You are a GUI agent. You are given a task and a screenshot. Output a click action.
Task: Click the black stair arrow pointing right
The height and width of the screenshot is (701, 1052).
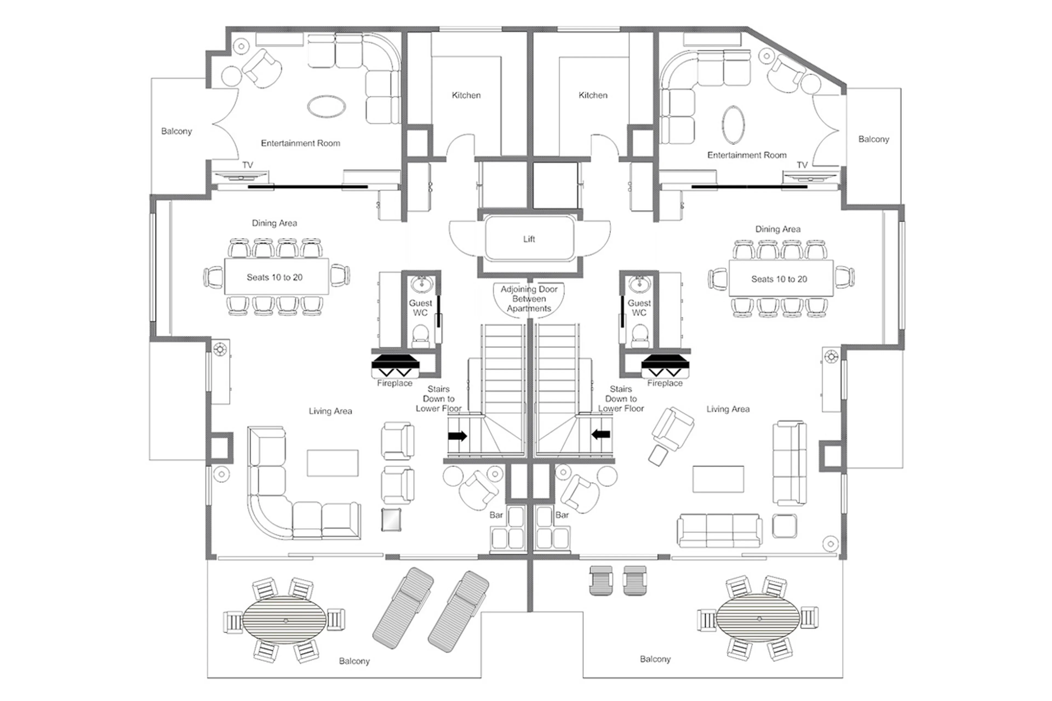(457, 436)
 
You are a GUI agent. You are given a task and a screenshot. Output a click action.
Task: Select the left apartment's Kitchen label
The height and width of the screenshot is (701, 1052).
(466, 95)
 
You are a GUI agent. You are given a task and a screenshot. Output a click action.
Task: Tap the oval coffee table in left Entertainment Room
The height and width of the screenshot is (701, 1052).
(326, 106)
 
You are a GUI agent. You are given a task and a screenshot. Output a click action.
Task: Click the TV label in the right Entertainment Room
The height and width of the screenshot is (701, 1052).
(802, 165)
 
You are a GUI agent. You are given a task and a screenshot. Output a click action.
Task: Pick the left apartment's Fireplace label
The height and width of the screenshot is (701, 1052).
(394, 383)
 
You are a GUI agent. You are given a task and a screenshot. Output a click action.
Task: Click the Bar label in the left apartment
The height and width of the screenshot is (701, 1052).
(496, 515)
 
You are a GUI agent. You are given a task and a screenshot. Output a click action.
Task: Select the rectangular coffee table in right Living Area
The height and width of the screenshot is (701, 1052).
(718, 479)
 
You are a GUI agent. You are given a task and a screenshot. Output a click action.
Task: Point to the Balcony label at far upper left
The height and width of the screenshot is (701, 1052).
(176, 131)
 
